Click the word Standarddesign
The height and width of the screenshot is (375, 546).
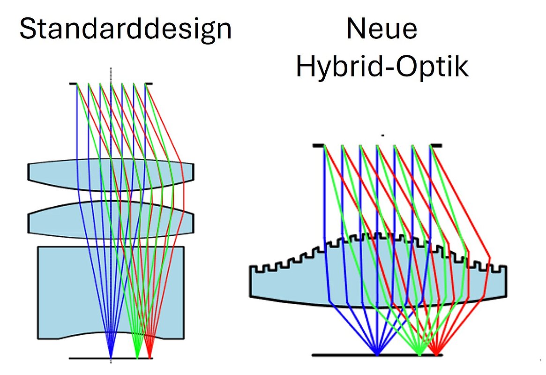tap(126, 29)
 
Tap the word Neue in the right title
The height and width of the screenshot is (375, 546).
tap(381, 29)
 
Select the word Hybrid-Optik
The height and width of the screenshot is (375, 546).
tap(381, 67)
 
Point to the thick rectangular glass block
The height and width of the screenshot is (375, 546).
tap(61, 291)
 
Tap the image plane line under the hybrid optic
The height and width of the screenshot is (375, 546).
tap(337, 355)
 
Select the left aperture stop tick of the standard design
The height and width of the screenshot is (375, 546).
tap(73, 84)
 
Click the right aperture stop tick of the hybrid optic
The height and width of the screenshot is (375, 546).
tap(436, 146)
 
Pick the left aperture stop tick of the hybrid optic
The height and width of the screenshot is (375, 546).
tap(318, 146)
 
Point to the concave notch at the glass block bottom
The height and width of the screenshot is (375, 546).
tap(111, 334)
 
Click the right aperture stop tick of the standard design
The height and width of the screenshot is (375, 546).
tap(149, 84)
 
